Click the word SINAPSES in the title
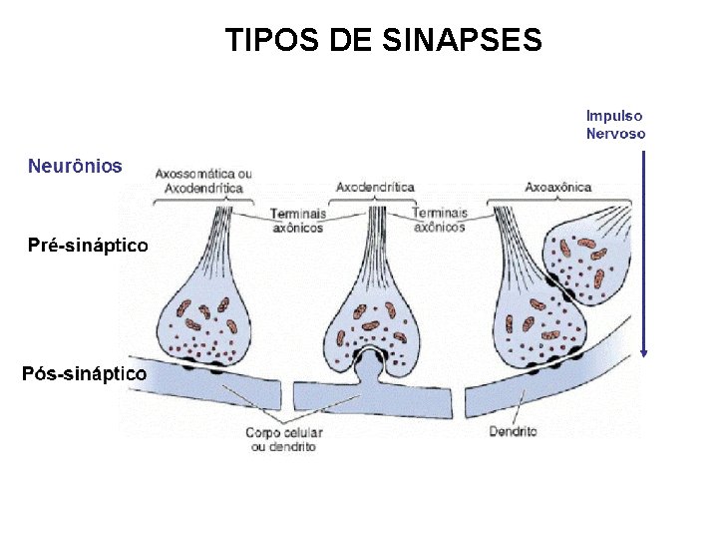pos(462,40)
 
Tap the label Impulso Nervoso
pos(615,125)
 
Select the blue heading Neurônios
pos(75,167)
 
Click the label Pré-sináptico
pos(87,246)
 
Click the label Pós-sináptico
pos(85,374)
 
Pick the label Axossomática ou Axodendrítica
pos(203,181)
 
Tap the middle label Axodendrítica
pos(375,187)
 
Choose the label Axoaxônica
pos(558,187)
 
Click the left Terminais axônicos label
pos(298,220)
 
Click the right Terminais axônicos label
pos(439,220)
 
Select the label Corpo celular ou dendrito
pos(283,440)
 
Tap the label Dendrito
pos(513,432)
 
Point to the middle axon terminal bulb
pos(371,319)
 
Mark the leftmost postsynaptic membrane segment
pos(199,385)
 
